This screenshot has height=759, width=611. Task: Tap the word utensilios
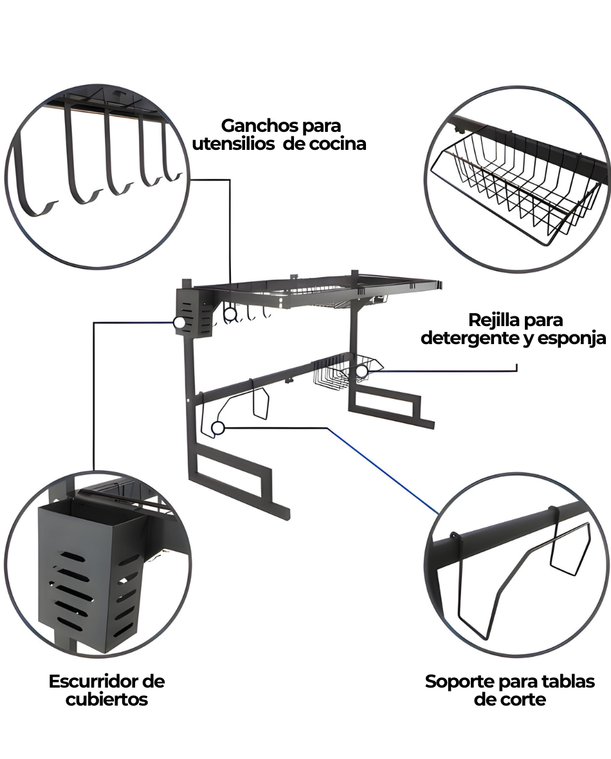(x=232, y=143)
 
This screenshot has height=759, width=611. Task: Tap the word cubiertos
(x=106, y=699)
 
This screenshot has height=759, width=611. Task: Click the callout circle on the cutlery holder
(x=179, y=323)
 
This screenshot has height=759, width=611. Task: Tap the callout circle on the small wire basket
(x=362, y=371)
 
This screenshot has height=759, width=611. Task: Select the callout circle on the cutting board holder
(x=217, y=427)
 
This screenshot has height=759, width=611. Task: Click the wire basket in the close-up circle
(x=521, y=187)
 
